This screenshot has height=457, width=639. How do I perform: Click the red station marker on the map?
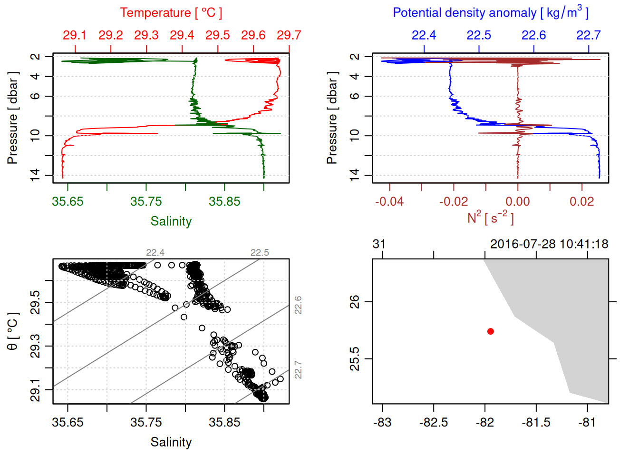(x=491, y=331)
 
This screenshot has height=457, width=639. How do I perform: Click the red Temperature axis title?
(x=171, y=13)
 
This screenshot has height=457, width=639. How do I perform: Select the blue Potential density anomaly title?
(x=490, y=13)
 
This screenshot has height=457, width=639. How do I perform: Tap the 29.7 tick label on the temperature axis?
(x=289, y=35)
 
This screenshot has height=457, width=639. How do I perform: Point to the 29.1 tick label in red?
(x=75, y=35)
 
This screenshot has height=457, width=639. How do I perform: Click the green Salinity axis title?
(x=171, y=221)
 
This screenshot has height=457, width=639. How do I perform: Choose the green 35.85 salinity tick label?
(x=224, y=202)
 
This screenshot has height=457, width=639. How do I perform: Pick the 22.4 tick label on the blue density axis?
(x=424, y=35)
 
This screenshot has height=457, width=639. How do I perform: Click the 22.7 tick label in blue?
(x=588, y=35)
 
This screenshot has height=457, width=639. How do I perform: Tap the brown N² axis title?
(x=490, y=218)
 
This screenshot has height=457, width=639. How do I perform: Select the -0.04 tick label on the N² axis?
(x=389, y=202)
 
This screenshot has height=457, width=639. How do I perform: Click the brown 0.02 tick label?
(x=581, y=202)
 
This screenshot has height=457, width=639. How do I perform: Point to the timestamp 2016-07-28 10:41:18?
(x=549, y=244)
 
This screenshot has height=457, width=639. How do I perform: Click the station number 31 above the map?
(x=379, y=244)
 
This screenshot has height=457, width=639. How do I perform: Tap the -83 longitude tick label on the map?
(x=382, y=423)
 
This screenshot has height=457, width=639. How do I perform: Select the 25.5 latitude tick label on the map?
(x=355, y=358)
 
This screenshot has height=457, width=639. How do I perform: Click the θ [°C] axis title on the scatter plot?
(x=13, y=331)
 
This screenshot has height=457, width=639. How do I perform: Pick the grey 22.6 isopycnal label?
(x=298, y=305)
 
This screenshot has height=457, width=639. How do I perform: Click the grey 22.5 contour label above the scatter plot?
(x=260, y=253)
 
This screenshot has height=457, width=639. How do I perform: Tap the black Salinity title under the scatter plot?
(x=171, y=442)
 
